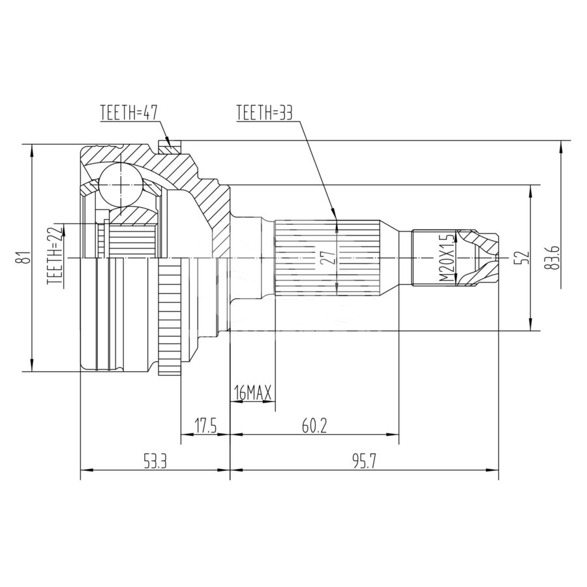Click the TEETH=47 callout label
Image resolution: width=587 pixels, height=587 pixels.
(129, 112)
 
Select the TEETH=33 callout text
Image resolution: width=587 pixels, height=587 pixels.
(264, 112)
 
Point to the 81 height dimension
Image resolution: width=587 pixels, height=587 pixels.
(25, 258)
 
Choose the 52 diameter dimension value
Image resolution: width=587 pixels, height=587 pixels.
(524, 258)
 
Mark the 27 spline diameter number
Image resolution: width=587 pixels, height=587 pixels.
(328, 258)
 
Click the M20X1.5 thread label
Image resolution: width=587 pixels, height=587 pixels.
(445, 258)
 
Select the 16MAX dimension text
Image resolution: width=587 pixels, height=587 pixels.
(252, 393)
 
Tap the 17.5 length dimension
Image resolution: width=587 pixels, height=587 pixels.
(205, 426)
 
